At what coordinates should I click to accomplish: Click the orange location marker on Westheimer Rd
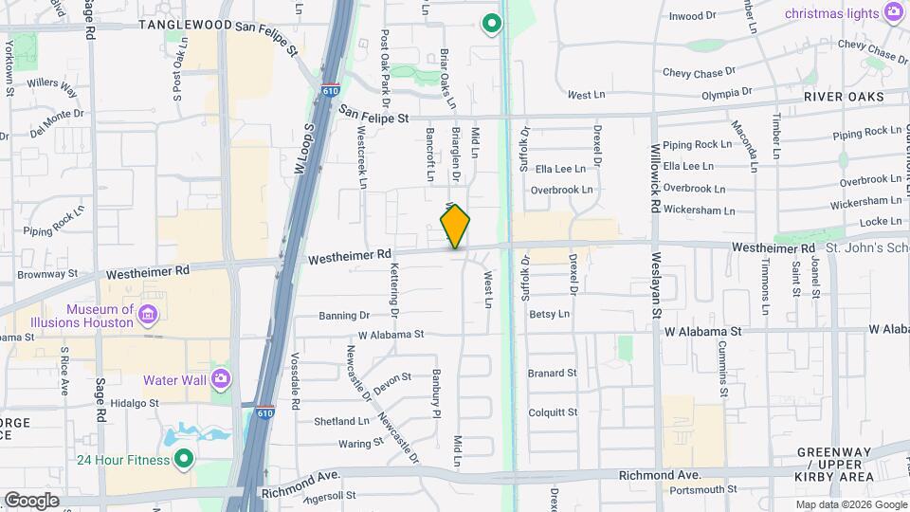click(455, 227)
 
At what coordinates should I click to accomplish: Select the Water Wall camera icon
click(220, 379)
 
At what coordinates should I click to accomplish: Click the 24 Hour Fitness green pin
click(183, 461)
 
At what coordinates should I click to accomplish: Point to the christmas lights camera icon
click(892, 12)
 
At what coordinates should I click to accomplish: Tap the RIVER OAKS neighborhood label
click(843, 97)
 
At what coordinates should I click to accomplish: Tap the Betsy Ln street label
click(549, 314)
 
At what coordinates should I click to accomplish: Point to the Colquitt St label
click(552, 412)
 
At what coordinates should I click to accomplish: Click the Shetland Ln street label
click(342, 421)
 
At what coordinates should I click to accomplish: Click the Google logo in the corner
click(30, 500)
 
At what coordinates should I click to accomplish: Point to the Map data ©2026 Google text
click(850, 504)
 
